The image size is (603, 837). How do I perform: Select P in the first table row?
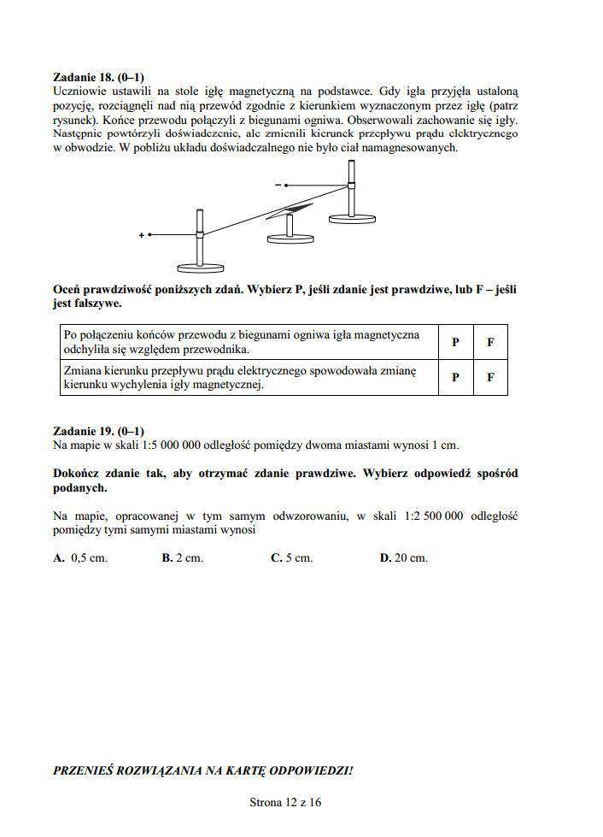[455, 342]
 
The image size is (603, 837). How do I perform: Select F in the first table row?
[490, 342]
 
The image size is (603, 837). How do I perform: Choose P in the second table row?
[455, 377]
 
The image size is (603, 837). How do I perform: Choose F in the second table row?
[490, 377]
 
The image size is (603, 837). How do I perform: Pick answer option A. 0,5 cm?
[80, 557]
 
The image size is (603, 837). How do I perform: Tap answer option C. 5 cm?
[291, 557]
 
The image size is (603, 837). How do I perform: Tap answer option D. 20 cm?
[403, 557]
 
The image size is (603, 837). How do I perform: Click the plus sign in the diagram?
[141, 235]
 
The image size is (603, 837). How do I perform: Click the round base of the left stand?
[199, 266]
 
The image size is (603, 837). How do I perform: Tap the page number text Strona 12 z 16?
[285, 802]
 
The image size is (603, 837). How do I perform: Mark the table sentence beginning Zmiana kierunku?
[238, 377]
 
